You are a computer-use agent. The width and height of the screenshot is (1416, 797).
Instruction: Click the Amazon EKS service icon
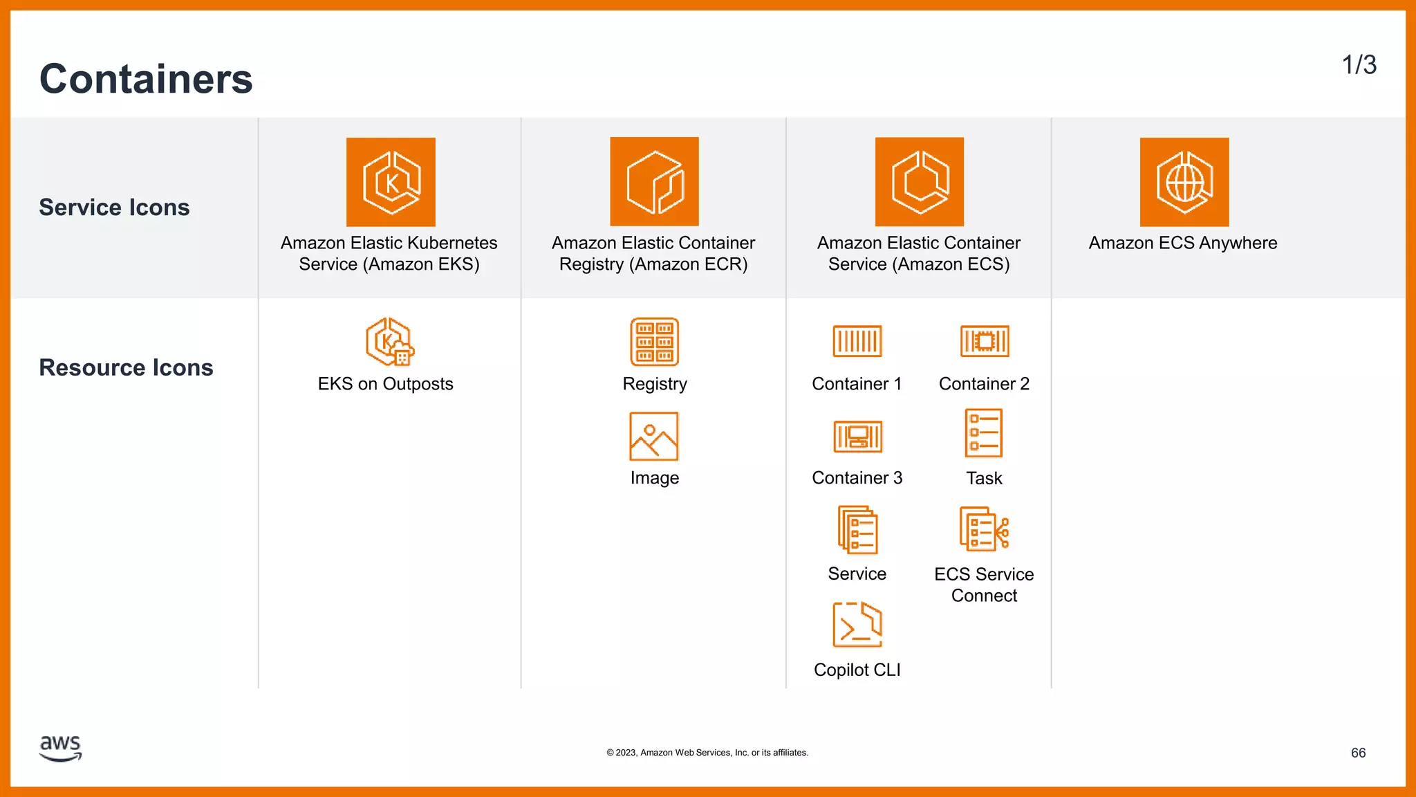coord(391,182)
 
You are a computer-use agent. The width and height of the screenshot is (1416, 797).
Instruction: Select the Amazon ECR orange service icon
coord(654,181)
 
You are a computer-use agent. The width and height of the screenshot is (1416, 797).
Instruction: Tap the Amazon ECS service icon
coord(919,181)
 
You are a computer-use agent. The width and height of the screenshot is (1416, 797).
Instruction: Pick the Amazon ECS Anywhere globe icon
coord(1184,182)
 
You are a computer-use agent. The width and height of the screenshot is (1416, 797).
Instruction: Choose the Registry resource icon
coord(654,342)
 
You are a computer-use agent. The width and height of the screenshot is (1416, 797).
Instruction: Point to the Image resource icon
coord(654,437)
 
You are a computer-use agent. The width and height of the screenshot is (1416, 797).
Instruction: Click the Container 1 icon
coord(857,341)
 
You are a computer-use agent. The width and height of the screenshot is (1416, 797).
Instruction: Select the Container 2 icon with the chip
coord(985,341)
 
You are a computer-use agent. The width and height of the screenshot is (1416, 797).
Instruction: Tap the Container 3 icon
coord(857,437)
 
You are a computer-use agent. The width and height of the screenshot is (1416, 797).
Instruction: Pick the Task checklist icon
coord(984,433)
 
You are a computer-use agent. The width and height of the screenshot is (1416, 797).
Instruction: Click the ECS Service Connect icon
coord(984,529)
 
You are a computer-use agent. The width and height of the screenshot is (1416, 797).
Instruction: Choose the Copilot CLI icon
coord(857,625)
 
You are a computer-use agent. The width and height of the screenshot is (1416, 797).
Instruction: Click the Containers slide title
coord(146,79)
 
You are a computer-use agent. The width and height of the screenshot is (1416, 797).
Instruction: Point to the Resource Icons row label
coord(126,367)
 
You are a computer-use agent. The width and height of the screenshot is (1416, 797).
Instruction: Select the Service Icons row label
coord(114,208)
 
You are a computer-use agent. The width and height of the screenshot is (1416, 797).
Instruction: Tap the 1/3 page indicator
coord(1359,65)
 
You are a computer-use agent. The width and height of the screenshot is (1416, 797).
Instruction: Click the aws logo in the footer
coord(61,748)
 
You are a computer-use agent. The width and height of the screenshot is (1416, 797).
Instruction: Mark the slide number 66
coord(1358,753)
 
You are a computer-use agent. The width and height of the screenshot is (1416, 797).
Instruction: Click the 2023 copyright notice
coord(707,753)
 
